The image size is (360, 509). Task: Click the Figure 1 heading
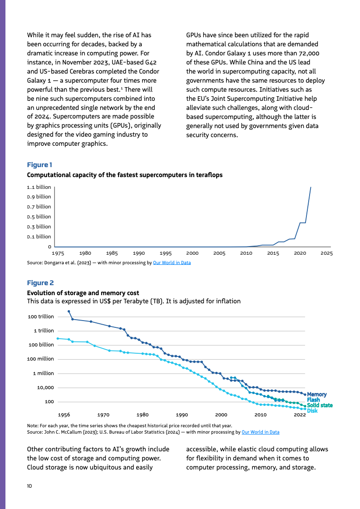(40, 165)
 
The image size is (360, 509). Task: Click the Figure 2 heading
(40, 283)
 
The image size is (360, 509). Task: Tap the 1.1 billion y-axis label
(39, 187)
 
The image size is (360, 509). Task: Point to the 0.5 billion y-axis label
(39, 217)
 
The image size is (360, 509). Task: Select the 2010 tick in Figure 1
(246, 253)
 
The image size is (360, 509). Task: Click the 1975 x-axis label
(58, 253)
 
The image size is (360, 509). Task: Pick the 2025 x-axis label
(326, 253)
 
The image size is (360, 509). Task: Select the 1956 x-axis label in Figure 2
(64, 415)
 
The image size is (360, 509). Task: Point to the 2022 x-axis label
(300, 415)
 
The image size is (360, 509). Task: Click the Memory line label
(317, 395)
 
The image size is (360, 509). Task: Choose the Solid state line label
(320, 405)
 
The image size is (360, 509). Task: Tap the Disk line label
(312, 410)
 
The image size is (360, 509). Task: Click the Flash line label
(314, 400)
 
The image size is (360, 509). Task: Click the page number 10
(30, 486)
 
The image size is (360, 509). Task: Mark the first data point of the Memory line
(69, 311)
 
